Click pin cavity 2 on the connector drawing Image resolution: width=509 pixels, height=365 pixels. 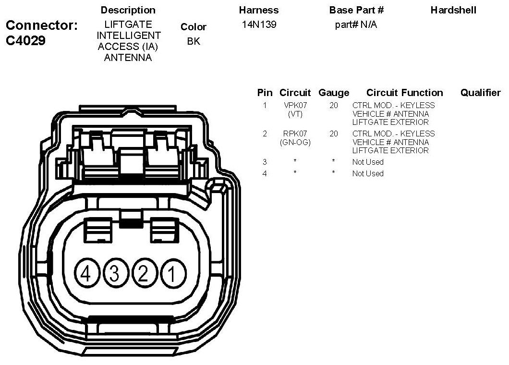tap(143, 274)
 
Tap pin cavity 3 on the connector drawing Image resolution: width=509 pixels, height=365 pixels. tap(114, 274)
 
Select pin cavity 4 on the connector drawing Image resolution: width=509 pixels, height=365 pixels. tap(86, 274)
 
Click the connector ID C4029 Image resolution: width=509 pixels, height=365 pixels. tap(25, 41)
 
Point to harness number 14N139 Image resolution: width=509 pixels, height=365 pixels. tap(259, 24)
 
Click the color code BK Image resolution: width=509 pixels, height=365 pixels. tap(194, 41)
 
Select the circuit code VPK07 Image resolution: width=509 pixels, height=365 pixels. tap(295, 106)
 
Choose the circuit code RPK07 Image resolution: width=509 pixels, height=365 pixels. tap(295, 134)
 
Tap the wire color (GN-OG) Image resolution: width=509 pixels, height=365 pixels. tap(295, 142)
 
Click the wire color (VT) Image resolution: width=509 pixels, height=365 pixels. tap(295, 114)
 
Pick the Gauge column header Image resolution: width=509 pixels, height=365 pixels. tap(334, 93)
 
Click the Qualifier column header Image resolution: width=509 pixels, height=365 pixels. tap(480, 93)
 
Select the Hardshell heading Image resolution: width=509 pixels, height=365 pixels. tap(453, 10)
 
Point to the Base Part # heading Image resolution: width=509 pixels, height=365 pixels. tap(356, 10)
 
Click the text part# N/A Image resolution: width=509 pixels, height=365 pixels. tap(356, 24)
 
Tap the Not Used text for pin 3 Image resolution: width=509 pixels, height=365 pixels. tap(368, 162)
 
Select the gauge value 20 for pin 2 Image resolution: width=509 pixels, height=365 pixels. tap(334, 134)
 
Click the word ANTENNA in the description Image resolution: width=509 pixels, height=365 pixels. tap(128, 58)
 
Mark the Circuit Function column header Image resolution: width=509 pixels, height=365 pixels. tap(404, 93)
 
